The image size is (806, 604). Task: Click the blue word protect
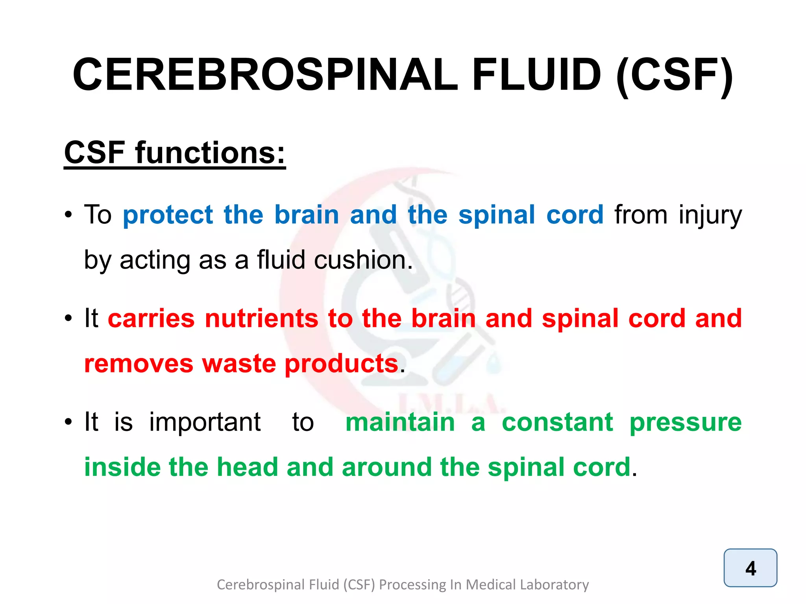pyautogui.click(x=168, y=216)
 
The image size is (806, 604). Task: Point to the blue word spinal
pyautogui.click(x=497, y=216)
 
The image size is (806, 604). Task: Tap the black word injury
pyautogui.click(x=710, y=216)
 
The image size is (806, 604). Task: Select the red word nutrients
pyautogui.click(x=261, y=318)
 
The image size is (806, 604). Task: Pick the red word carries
pyautogui.click(x=151, y=318)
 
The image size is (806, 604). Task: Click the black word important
pyautogui.click(x=205, y=422)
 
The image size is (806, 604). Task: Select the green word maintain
pyautogui.click(x=400, y=422)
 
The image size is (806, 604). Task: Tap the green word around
pyautogui.click(x=387, y=467)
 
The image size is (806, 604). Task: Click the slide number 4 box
pyautogui.click(x=750, y=568)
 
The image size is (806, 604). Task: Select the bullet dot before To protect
pyautogui.click(x=68, y=215)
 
